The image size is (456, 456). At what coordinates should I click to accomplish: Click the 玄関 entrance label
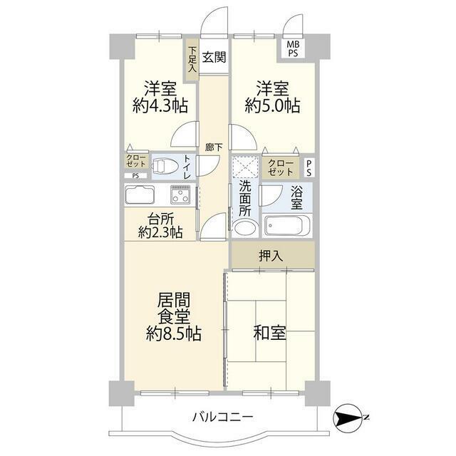coord(213,58)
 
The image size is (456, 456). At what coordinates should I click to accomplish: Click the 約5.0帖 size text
coord(272,105)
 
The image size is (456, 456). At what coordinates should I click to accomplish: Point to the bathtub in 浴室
coord(287,227)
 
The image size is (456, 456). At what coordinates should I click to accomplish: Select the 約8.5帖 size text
coord(173,333)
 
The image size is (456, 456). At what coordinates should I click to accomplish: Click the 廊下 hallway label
coord(213,147)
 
